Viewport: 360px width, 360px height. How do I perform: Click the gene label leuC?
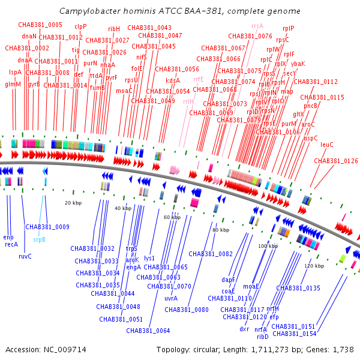[x=327, y=145]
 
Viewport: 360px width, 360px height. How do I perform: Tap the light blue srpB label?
[x=39, y=239]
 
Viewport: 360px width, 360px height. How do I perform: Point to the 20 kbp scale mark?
[x=73, y=203]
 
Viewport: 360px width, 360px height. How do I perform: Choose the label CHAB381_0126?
[x=336, y=161]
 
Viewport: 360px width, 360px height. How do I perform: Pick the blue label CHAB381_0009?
[x=47, y=227]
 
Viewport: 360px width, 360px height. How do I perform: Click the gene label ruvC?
[x=25, y=256]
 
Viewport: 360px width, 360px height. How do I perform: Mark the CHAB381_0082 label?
[x=212, y=254]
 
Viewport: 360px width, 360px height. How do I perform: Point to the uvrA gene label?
[x=171, y=298]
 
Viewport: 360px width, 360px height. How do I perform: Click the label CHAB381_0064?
[x=148, y=331]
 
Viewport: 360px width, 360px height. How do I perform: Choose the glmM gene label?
[x=13, y=85]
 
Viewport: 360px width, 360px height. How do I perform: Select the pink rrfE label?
[x=199, y=79]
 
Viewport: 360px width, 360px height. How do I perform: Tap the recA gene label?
[x=11, y=244]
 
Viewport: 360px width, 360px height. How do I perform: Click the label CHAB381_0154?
[x=294, y=334]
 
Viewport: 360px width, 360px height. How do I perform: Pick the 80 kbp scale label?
[x=220, y=230]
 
